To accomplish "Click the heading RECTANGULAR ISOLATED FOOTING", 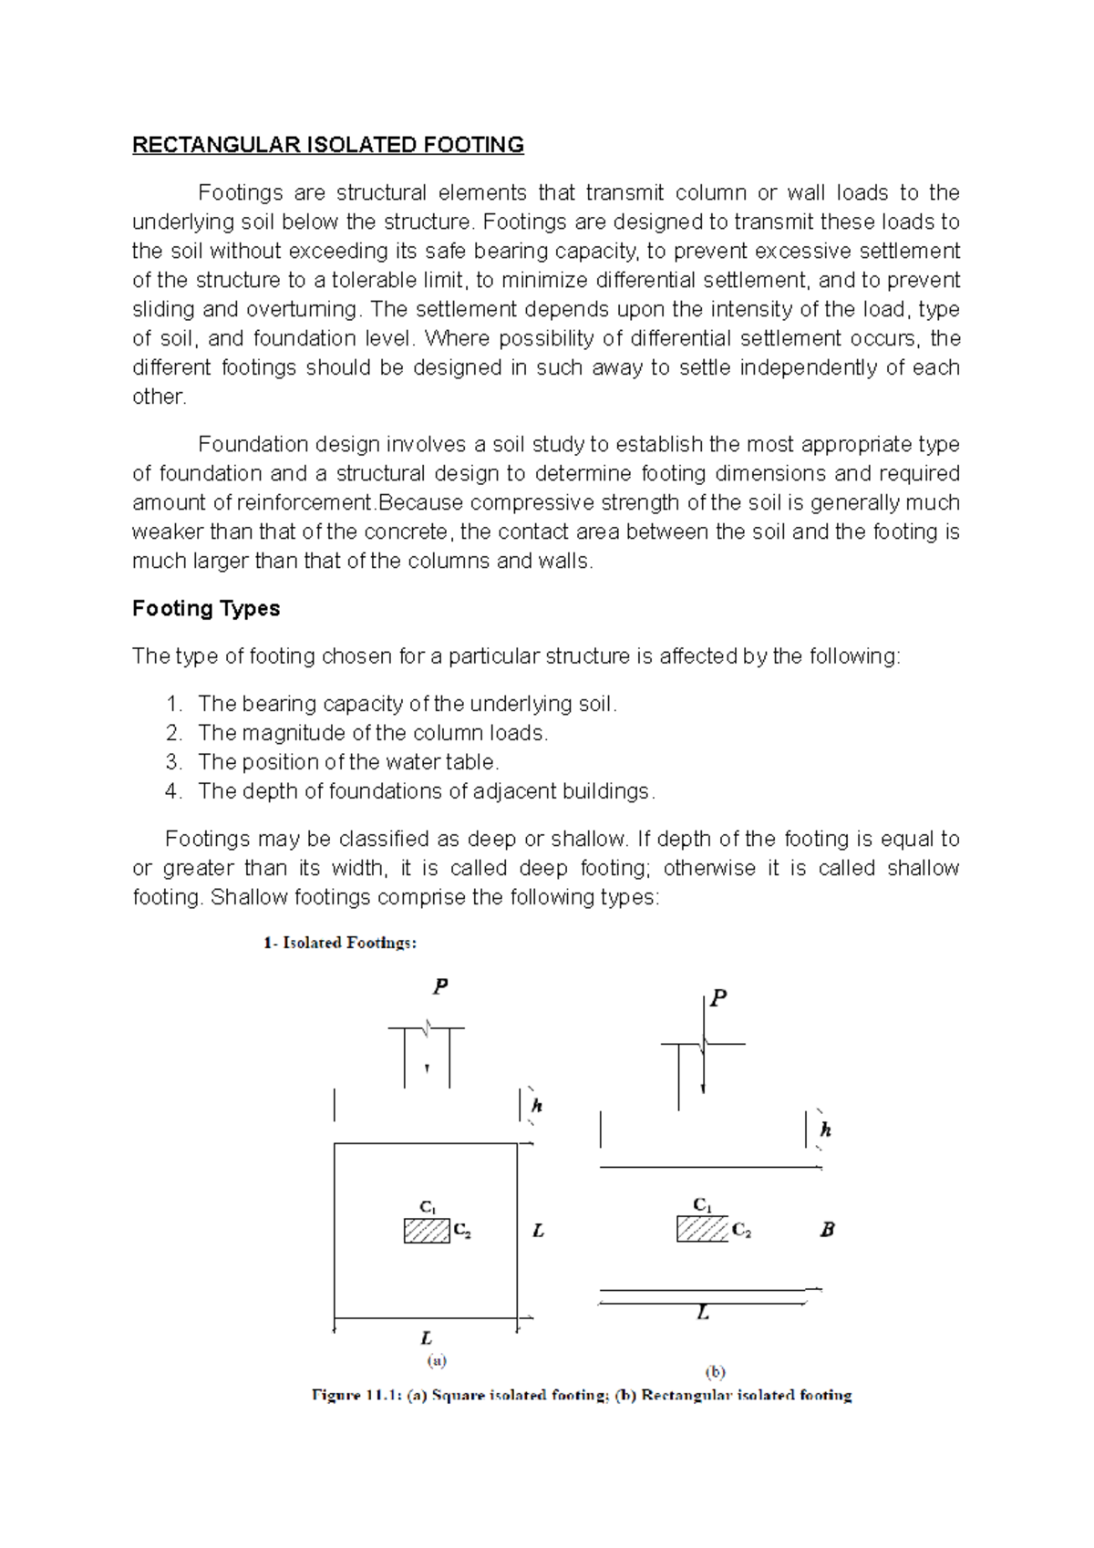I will click(328, 145).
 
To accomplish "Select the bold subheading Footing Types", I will click(206, 608).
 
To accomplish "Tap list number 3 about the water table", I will click(173, 762).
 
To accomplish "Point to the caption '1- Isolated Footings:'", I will click(340, 943).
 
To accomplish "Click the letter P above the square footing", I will click(440, 986).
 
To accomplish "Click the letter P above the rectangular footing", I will click(718, 998).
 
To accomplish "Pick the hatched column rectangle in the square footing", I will click(427, 1231).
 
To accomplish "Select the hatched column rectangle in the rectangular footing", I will click(702, 1229).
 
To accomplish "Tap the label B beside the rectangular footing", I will click(827, 1229).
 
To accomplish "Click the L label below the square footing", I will click(426, 1338).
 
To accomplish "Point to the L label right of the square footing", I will click(538, 1231).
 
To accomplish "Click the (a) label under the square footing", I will click(437, 1360).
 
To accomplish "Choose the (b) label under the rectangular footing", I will click(715, 1371).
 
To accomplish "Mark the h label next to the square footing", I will click(537, 1106).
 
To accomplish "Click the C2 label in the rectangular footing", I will click(741, 1231).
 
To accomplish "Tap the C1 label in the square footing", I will click(428, 1207).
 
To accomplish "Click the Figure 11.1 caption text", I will click(582, 1395).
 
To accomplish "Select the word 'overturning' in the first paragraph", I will click(303, 309).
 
